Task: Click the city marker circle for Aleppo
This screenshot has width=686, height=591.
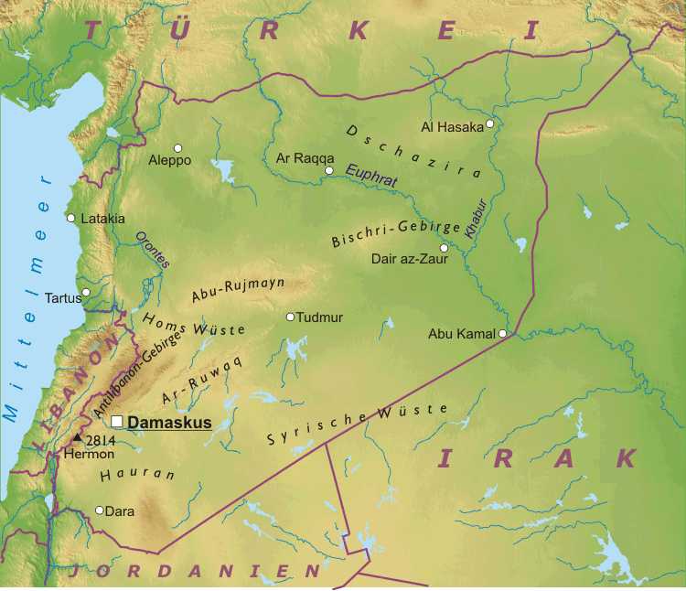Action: pyautogui.click(x=177, y=148)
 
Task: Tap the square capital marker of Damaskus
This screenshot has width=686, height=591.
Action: pyautogui.click(x=117, y=422)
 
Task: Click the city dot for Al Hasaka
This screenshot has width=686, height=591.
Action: pyautogui.click(x=490, y=124)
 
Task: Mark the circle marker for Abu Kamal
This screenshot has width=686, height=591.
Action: pyautogui.click(x=502, y=334)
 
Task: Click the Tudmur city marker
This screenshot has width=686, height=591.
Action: pyautogui.click(x=291, y=317)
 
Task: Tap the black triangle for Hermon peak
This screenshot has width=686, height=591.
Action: pyautogui.click(x=77, y=440)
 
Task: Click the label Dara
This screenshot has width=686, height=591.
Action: pyautogui.click(x=120, y=511)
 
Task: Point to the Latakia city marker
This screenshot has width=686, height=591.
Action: pyautogui.click(x=70, y=218)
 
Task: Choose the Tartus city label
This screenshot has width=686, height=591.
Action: pyautogui.click(x=62, y=297)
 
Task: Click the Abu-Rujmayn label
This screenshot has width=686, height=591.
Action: pyautogui.click(x=238, y=289)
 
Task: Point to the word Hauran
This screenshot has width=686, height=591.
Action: pyautogui.click(x=124, y=475)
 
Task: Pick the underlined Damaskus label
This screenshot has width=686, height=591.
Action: pyautogui.click(x=169, y=423)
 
